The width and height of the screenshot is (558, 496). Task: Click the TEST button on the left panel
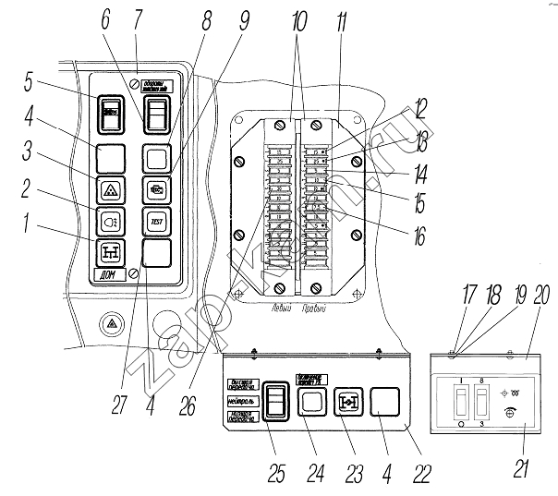[x=154, y=222]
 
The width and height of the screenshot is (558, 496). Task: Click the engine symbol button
[x=154, y=189]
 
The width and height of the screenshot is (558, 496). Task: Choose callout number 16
[x=421, y=238]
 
